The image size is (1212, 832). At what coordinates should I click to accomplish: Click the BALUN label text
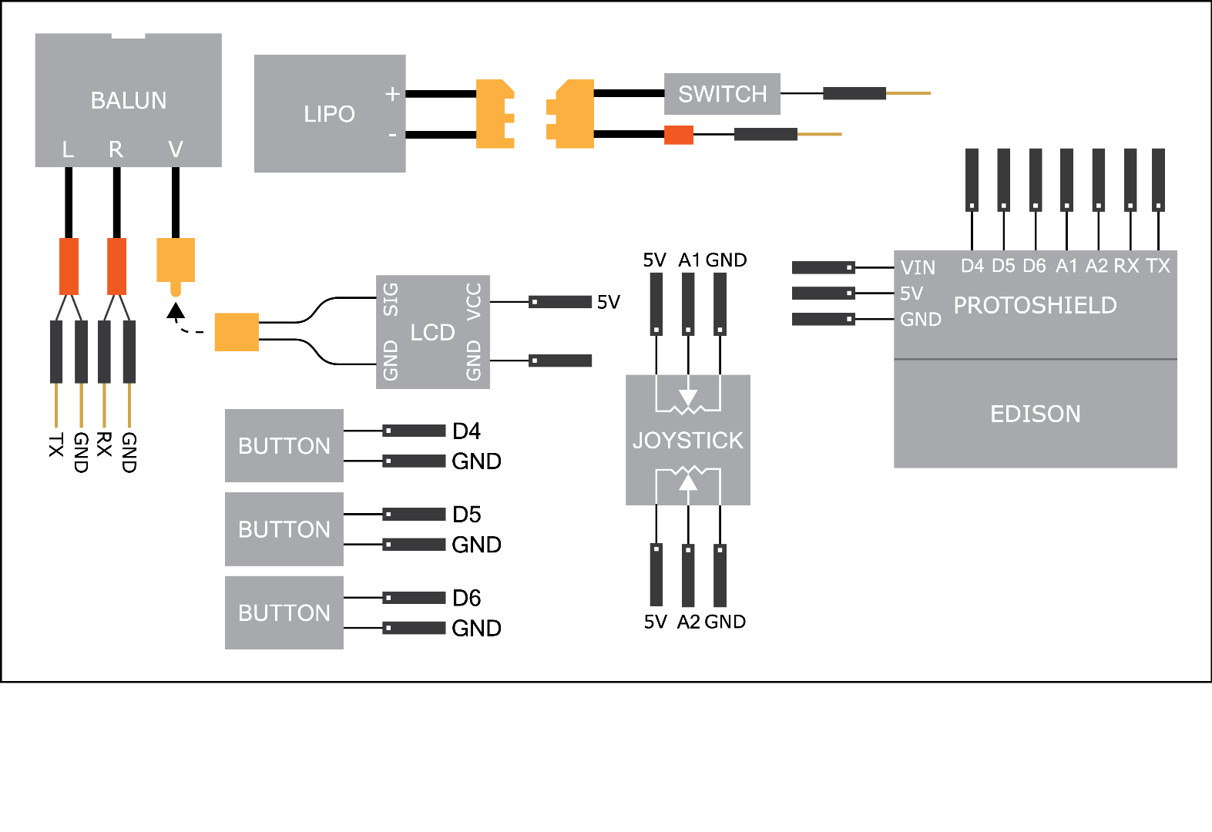129,101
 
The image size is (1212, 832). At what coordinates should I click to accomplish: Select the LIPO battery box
329,114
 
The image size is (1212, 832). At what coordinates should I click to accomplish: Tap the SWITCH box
722,94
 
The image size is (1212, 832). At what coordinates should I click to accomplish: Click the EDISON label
1035,414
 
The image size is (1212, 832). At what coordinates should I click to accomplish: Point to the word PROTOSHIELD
1035,306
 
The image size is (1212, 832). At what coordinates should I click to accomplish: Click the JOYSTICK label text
687,441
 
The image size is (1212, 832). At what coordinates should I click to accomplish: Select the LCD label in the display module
432,333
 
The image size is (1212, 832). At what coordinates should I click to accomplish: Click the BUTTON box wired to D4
284,446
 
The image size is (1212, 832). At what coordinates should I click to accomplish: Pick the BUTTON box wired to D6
284,613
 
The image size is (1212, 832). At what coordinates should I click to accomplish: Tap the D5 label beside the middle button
466,515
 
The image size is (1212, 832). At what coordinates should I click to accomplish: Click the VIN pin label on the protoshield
918,268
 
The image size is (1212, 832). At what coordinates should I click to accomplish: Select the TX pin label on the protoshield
1157,266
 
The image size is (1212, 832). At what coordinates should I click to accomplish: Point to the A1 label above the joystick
689,260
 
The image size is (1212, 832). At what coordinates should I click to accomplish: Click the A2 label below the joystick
688,622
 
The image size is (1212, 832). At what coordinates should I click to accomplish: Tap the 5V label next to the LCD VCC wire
608,302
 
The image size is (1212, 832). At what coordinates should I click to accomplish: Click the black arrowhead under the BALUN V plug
176,310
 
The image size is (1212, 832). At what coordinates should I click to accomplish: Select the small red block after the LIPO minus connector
678,135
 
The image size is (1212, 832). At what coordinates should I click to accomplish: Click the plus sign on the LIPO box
392,94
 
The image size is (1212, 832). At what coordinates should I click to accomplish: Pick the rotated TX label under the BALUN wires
56,445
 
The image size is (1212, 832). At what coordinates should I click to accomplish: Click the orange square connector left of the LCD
237,332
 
